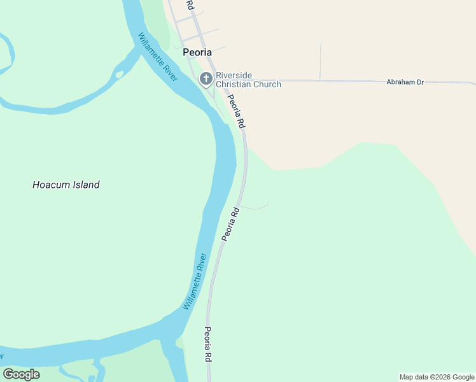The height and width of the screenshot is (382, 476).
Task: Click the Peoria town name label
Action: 197,52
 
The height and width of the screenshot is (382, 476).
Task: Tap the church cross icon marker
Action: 206,79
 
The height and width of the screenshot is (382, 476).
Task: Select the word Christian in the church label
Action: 235,84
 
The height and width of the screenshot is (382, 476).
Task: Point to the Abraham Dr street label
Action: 405,82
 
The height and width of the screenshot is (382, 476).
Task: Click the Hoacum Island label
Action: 66,185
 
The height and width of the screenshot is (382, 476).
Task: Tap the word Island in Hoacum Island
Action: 86,185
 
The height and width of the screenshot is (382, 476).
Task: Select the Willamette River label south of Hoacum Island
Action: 195,281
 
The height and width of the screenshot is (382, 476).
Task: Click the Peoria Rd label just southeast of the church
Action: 236,110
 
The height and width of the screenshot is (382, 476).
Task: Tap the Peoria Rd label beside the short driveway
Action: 230,223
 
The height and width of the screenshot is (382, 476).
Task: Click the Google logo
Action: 21,374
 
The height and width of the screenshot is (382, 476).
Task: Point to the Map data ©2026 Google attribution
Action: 437,377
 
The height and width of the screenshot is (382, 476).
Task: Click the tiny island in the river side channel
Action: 119,74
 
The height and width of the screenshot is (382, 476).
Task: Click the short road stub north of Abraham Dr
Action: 320,61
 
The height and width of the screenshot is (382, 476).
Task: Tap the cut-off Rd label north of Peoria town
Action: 190,4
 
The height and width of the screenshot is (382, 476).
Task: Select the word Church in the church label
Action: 266,84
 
